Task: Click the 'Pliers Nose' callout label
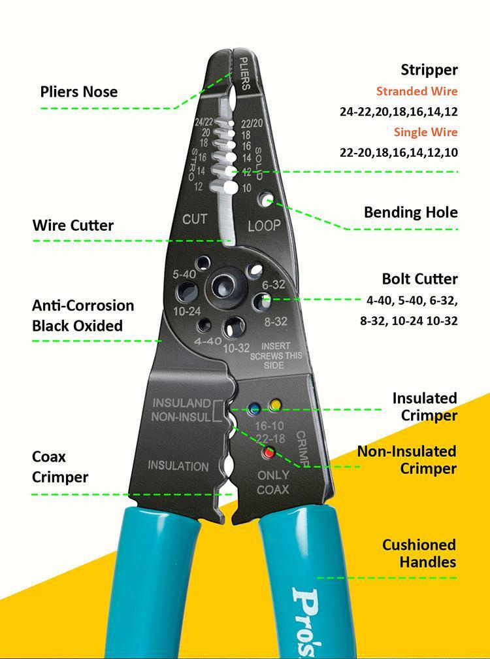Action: coord(79,92)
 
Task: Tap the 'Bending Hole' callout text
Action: coord(410,212)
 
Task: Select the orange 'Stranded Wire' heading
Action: coord(416,92)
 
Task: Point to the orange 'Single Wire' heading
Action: coord(425,132)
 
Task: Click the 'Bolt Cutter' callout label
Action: coord(419,279)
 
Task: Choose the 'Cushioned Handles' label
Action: coord(419,553)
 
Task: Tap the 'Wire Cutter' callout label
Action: coord(73,226)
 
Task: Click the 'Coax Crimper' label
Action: coord(59,467)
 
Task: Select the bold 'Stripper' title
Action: coord(429,70)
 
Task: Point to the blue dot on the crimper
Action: coord(254,409)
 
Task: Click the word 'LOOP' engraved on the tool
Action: coord(264,226)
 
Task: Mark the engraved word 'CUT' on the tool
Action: coord(195,219)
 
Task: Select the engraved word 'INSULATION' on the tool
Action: coord(178,466)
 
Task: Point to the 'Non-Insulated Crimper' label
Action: coord(406,460)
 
